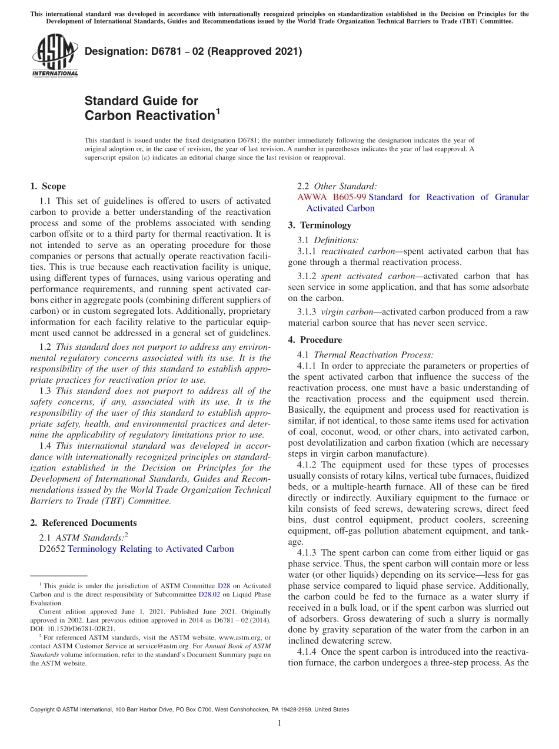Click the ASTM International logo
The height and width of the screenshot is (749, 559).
click(x=54, y=56)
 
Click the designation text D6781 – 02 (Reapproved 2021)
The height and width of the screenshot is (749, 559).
click(x=193, y=51)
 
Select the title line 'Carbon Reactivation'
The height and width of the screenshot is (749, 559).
click(x=150, y=115)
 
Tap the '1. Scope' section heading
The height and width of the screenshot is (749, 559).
click(x=48, y=186)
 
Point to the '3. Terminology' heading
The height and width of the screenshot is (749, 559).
click(x=320, y=225)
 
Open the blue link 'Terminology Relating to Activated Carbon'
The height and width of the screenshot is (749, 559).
click(x=151, y=549)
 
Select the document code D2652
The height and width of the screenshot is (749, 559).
click(x=52, y=549)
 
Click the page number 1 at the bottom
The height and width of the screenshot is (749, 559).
click(x=279, y=723)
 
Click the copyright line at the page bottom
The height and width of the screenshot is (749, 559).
click(x=189, y=710)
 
